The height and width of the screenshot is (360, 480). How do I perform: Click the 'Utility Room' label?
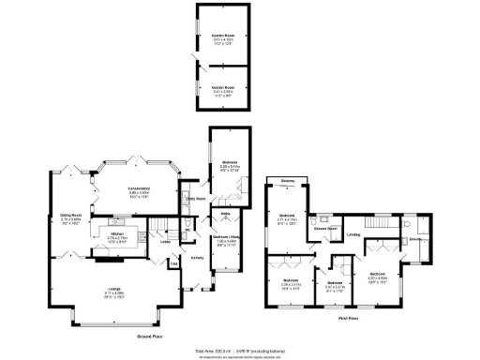pos(196,199)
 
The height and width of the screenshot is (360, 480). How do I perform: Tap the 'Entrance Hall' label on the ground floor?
pos(198,259)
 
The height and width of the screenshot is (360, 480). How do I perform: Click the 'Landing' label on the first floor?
pos(353,234)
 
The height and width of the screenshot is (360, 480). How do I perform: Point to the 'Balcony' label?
pos(288,180)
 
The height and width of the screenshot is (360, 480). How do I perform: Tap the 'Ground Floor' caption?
pos(152,335)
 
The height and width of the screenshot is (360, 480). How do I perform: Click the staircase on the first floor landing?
pos(382,220)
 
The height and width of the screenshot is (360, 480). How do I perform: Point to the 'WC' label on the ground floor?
pos(187,225)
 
